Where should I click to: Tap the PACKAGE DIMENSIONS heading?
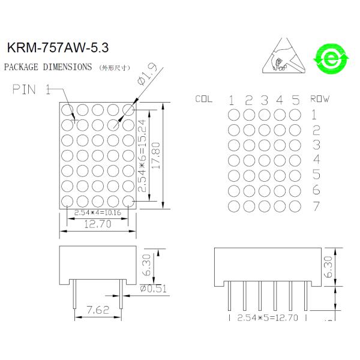(48, 67)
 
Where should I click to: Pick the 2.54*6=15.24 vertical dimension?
(142, 155)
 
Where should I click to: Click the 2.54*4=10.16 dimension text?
(98, 212)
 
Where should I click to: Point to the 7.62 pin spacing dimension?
(97, 310)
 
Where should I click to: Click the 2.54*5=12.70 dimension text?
(268, 317)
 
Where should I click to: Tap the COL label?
(204, 99)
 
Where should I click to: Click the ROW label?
(320, 98)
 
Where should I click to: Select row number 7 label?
(316, 206)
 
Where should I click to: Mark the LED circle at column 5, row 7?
(295, 206)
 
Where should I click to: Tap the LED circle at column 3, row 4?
(264, 160)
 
